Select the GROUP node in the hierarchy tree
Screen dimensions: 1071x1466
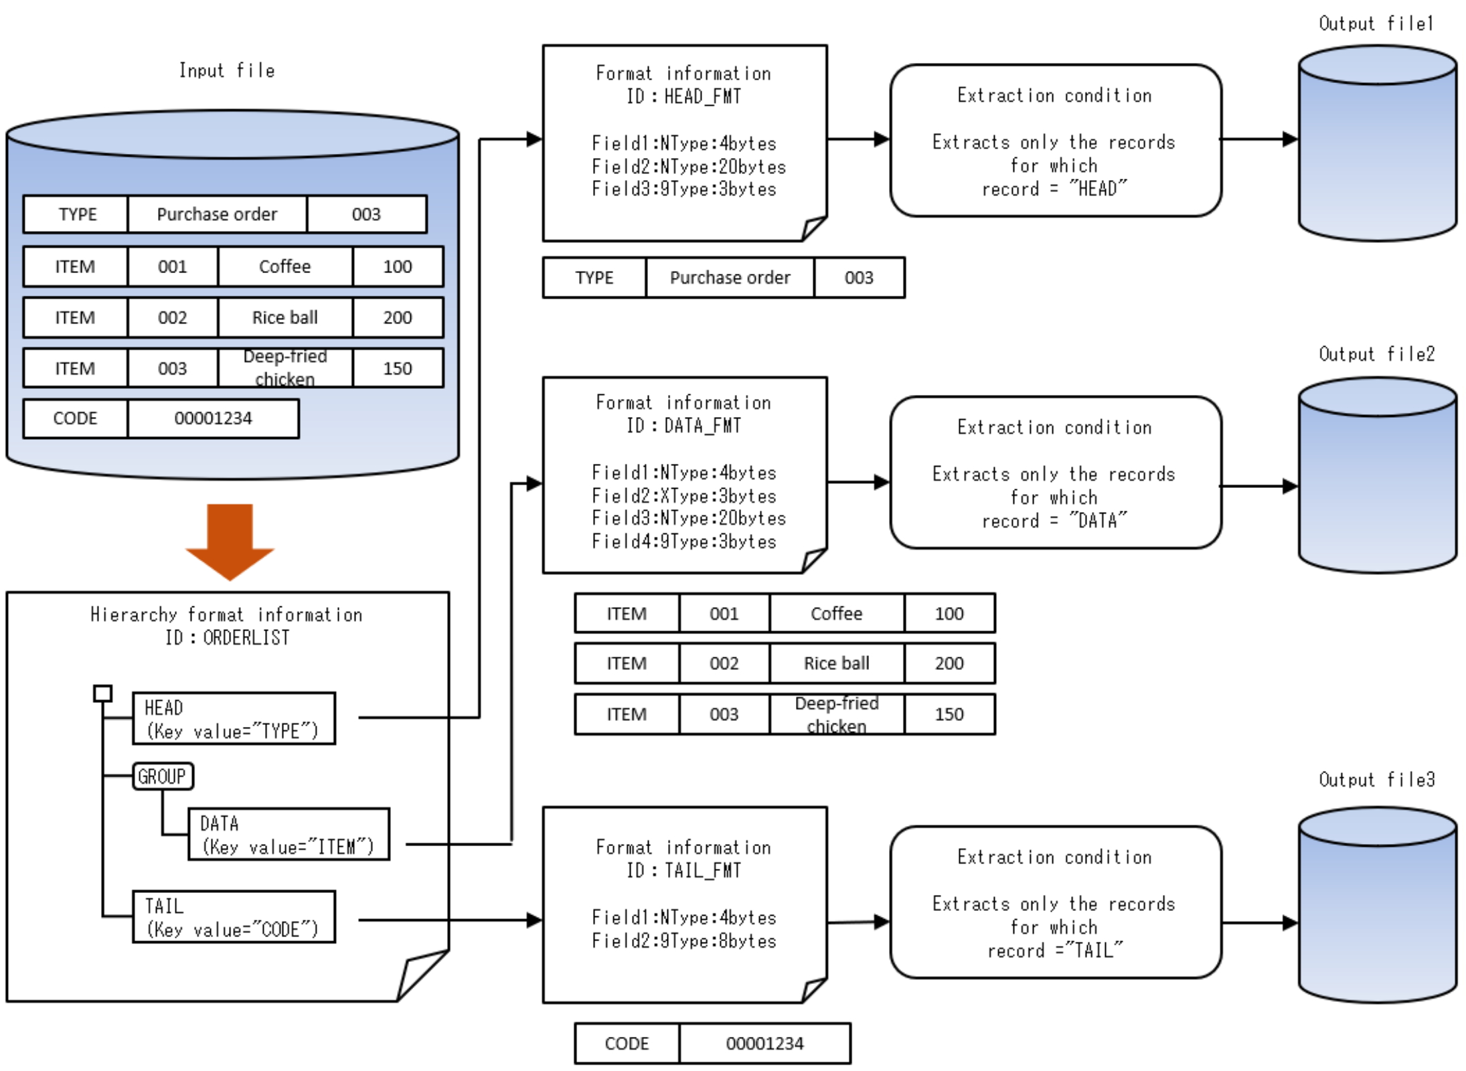click(x=163, y=776)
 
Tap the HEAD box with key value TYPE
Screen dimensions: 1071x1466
click(x=234, y=718)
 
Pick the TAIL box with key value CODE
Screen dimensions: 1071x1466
click(x=234, y=916)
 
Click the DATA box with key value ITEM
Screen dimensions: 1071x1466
click(x=289, y=834)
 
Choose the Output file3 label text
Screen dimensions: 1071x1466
click(x=1376, y=779)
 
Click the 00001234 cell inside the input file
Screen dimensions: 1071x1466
click(x=213, y=418)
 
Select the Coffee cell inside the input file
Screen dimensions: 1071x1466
click(x=284, y=266)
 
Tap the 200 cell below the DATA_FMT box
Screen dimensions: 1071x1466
click(x=949, y=663)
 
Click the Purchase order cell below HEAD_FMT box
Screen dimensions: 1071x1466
click(x=730, y=278)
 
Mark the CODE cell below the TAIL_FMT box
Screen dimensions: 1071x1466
click(x=627, y=1044)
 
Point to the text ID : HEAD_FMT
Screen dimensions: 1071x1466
click(x=683, y=96)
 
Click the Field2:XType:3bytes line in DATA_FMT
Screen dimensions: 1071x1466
click(x=683, y=496)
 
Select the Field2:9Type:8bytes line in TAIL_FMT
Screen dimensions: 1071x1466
click(x=683, y=941)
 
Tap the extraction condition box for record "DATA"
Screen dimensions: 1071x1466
click(x=1055, y=473)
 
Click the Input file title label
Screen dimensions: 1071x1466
click(x=227, y=70)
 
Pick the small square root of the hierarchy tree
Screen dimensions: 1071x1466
click(x=102, y=693)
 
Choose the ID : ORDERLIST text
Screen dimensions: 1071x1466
click(x=227, y=638)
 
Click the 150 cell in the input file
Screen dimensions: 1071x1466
click(x=397, y=368)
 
